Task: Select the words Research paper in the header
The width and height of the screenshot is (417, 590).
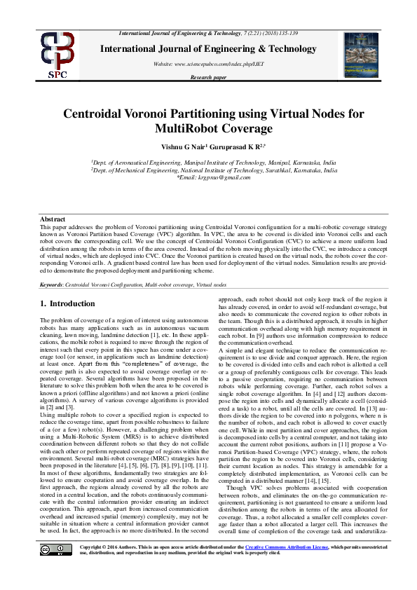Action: [x=208, y=78]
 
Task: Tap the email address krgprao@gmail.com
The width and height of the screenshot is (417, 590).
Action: [x=214, y=178]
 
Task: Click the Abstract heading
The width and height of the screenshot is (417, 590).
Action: [x=53, y=220]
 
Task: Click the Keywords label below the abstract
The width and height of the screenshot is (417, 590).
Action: [x=52, y=286]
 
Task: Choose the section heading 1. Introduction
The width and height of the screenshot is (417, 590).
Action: [x=67, y=304]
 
